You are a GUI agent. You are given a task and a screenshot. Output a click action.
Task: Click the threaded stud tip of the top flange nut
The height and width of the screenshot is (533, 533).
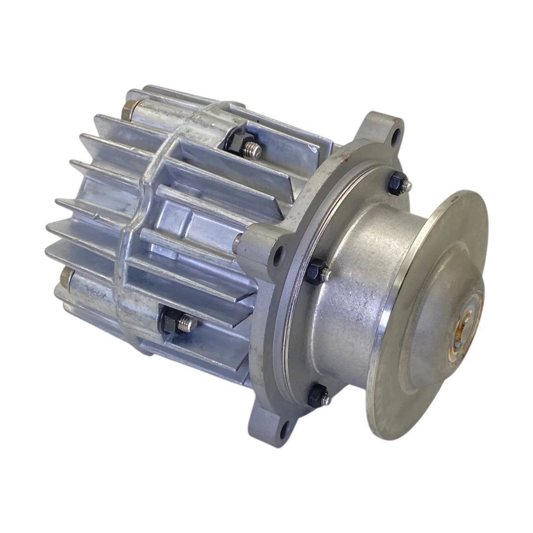pyautogui.click(x=406, y=185)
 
